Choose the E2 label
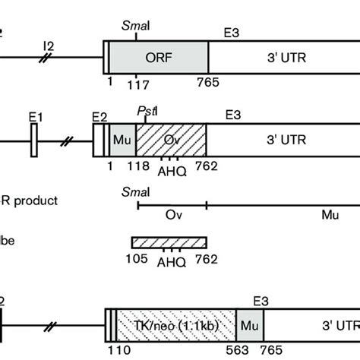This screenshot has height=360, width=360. [x=99, y=116]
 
